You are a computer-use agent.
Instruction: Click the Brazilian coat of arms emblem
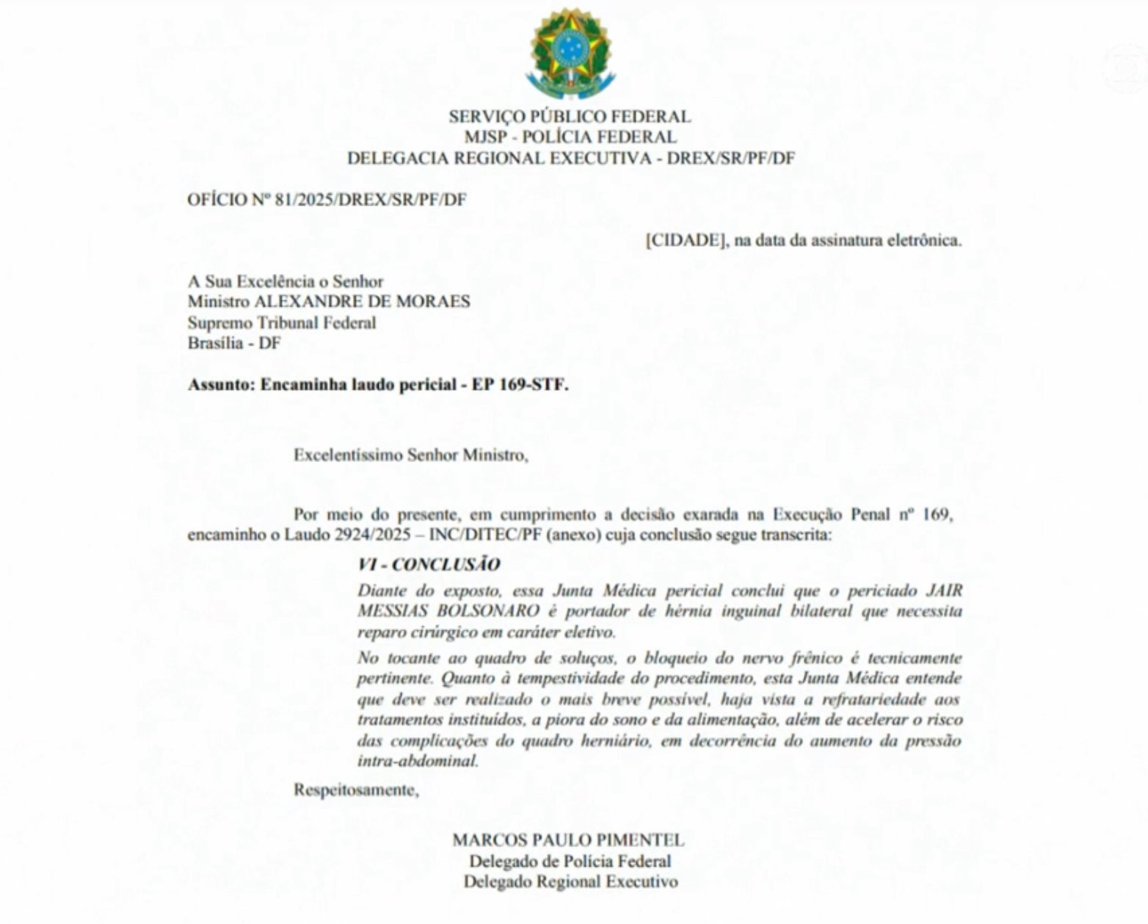[570, 53]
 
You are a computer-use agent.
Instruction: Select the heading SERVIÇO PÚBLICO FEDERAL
[570, 116]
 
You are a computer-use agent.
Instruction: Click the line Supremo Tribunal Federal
[281, 322]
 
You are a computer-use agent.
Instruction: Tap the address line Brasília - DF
[233, 343]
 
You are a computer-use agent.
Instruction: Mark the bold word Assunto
[218, 385]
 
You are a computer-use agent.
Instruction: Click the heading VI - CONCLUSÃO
[429, 564]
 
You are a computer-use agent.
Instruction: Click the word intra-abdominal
[418, 761]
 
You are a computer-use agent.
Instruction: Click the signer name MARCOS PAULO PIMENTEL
[568, 840]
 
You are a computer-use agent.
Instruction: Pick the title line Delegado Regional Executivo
[570, 881]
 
